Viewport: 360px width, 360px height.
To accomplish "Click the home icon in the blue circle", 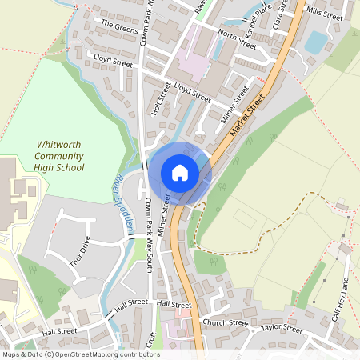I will point(180,173).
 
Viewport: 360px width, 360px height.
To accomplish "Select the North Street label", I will point(237,38).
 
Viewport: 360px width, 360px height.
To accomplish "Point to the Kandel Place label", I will point(259,14).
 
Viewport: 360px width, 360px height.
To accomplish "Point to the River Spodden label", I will point(122,196).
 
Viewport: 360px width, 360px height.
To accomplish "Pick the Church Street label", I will point(226,323).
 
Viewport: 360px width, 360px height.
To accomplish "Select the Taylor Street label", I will point(281,329).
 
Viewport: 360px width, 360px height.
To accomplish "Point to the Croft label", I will point(152,342).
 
